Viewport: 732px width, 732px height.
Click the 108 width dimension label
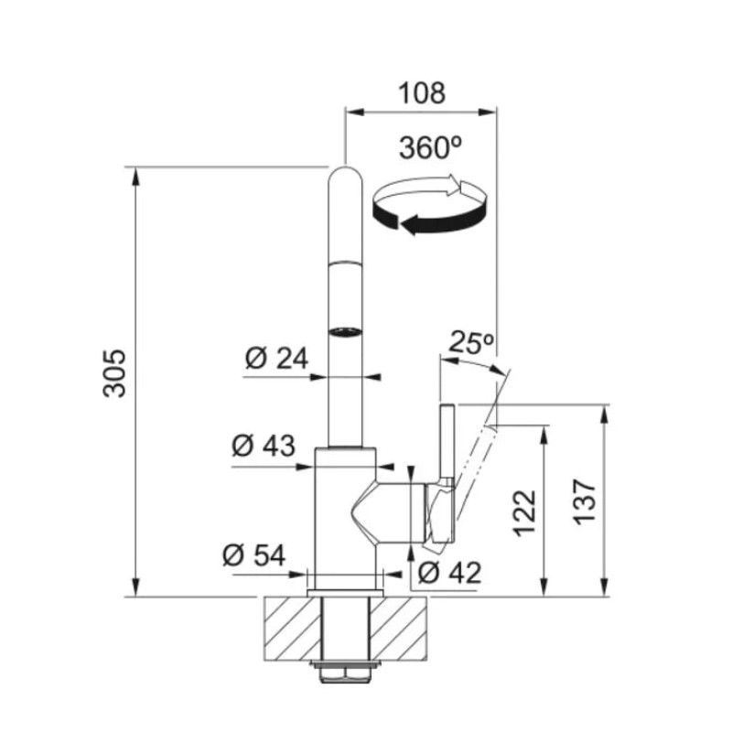(422, 93)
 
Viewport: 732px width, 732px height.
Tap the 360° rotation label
(430, 147)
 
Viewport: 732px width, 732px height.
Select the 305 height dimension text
(114, 372)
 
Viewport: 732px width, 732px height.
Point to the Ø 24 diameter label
(276, 359)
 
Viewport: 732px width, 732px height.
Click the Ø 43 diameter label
(264, 445)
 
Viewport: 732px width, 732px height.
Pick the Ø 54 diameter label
(254, 555)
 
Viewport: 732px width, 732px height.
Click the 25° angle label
(471, 343)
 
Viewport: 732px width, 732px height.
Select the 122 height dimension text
(524, 512)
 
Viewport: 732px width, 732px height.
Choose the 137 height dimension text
(585, 501)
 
